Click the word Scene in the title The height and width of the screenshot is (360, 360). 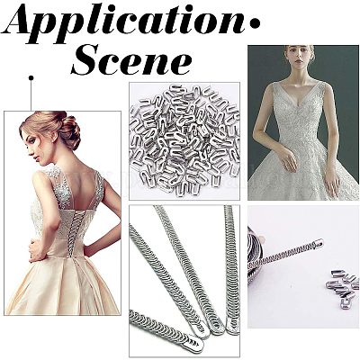131,60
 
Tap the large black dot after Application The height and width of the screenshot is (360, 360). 255,24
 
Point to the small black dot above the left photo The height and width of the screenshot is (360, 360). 31,78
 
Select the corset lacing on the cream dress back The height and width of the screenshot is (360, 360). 71,233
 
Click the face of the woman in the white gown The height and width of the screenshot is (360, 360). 300,58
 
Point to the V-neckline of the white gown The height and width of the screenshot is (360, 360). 299,99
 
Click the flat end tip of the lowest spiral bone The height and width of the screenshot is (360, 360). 195,345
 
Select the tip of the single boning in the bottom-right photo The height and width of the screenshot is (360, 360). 318,243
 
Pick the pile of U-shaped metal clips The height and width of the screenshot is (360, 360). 184,140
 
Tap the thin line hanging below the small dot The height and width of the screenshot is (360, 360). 31,95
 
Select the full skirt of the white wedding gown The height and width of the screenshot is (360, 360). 303,173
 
